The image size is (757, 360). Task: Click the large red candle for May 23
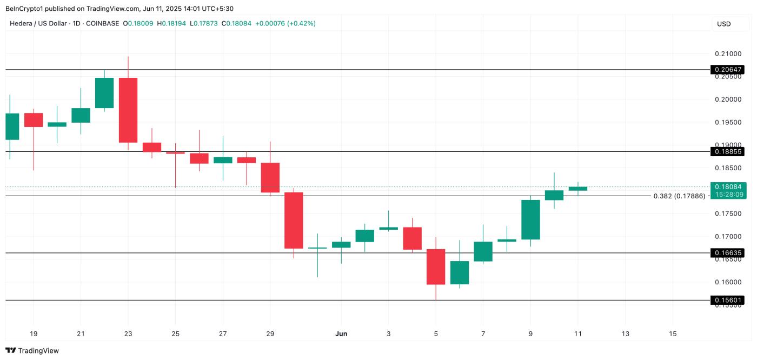tap(128, 110)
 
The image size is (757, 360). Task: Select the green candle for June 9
tap(530, 219)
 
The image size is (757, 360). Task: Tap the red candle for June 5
tap(436, 266)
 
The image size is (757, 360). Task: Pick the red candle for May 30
tap(294, 220)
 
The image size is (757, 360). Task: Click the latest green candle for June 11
tap(577, 189)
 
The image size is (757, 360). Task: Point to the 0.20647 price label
tap(728, 70)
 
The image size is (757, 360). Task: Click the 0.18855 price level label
tap(728, 152)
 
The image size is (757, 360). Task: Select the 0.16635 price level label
tap(728, 253)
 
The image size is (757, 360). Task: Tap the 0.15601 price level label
tap(728, 300)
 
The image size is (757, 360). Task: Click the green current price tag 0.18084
tap(728, 186)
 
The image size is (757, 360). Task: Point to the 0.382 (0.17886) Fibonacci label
tap(679, 196)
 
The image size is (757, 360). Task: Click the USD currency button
tap(723, 24)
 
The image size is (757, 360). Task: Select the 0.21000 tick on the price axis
tap(728, 54)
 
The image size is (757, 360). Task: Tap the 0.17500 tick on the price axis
tap(728, 214)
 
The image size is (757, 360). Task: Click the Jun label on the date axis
tap(341, 334)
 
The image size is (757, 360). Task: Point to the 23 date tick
tap(128, 334)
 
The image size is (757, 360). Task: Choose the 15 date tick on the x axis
tap(673, 334)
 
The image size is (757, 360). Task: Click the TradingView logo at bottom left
tap(32, 351)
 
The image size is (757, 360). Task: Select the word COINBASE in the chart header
tap(102, 24)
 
